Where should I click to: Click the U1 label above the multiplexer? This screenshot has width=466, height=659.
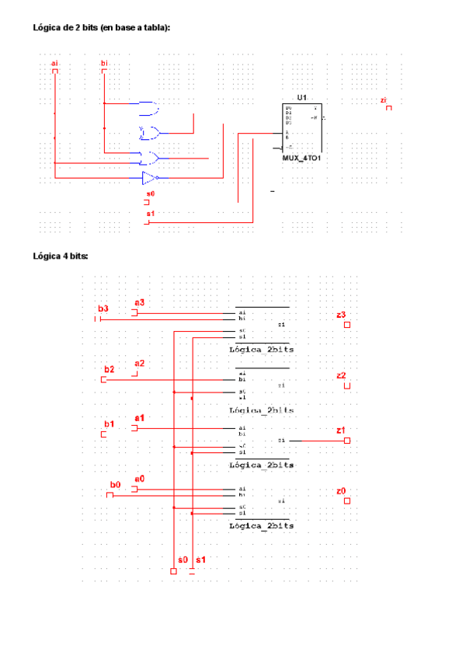click(301, 97)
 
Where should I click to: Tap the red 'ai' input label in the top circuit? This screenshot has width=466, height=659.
click(54, 62)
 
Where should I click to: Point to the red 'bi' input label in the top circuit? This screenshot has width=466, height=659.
click(104, 62)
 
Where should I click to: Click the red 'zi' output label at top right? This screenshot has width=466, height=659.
click(384, 100)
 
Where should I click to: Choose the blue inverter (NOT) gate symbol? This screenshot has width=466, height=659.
click(149, 177)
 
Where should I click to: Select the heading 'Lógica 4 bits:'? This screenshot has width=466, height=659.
click(61, 256)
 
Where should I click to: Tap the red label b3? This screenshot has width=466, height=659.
click(103, 309)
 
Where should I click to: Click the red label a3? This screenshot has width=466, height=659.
click(140, 302)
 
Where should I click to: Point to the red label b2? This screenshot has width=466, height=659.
click(110, 368)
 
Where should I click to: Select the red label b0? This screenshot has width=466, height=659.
click(115, 484)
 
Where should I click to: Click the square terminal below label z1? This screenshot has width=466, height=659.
click(346, 441)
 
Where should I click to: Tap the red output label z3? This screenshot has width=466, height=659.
click(341, 315)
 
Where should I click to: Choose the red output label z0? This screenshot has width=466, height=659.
click(341, 490)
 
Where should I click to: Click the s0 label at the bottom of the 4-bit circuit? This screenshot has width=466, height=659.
click(183, 560)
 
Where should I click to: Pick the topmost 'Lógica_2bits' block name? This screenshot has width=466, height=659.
click(262, 350)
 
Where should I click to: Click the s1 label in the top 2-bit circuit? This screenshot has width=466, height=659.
click(150, 213)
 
